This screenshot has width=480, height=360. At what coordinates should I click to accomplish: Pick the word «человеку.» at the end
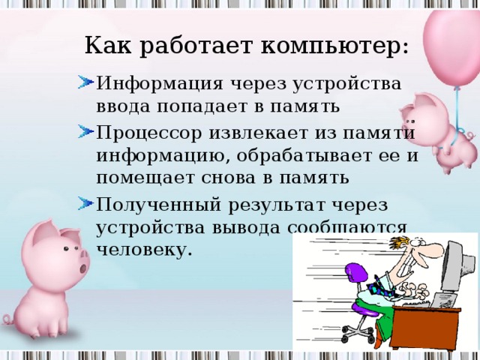pos(144,248)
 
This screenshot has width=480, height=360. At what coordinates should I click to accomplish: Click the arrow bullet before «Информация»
pos(85,81)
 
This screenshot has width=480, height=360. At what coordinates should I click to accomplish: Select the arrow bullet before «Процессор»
pos(85,132)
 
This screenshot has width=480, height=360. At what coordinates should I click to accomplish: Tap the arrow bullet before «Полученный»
pos(85,202)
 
